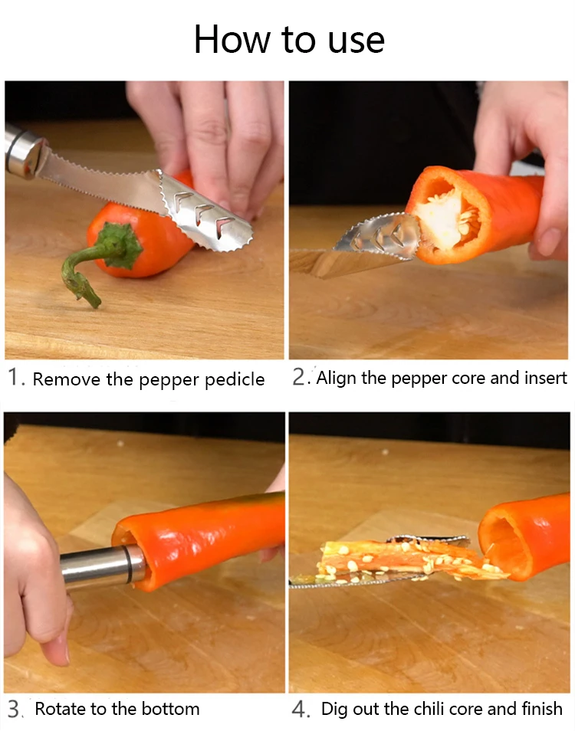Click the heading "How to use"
click(x=289, y=40)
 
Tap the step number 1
click(x=14, y=377)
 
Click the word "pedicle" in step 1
click(x=235, y=379)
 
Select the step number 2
click(x=299, y=377)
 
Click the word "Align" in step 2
click(x=336, y=378)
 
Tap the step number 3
click(x=14, y=709)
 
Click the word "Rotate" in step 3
click(x=60, y=709)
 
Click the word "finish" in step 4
click(x=542, y=709)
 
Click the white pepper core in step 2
click(x=445, y=218)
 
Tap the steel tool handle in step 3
click(x=103, y=566)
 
